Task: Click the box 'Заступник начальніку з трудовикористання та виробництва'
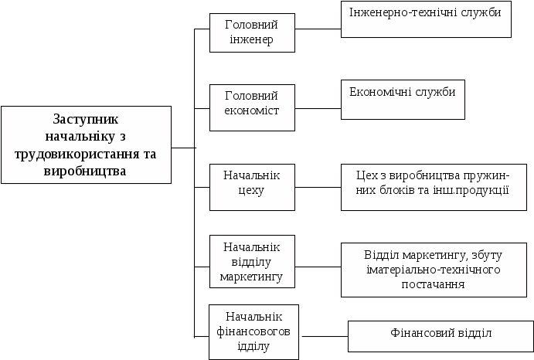tap(86, 144)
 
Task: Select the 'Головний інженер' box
tap(252, 32)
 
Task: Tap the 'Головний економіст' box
tap(252, 107)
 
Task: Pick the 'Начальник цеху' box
tap(252, 187)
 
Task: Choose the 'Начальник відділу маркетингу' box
tap(252, 262)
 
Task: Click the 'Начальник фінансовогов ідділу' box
tap(253, 332)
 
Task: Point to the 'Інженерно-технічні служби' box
tap(426, 19)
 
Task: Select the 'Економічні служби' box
tap(403, 100)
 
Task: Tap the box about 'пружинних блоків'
tap(434, 187)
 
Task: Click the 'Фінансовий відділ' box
tap(440, 336)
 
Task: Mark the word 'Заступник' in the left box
tap(86, 120)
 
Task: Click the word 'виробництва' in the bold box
tap(85, 171)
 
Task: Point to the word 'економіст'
tap(252, 110)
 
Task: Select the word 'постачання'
tap(433, 284)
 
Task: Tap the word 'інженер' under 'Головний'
tap(251, 39)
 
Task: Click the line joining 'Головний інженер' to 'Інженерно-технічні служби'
tap(318, 29)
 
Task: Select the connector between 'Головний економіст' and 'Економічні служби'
tap(318, 109)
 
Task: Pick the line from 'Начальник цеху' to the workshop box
tap(318, 187)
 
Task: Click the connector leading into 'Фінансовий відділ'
tap(325, 337)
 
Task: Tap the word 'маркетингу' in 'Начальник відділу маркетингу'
tap(251, 277)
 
